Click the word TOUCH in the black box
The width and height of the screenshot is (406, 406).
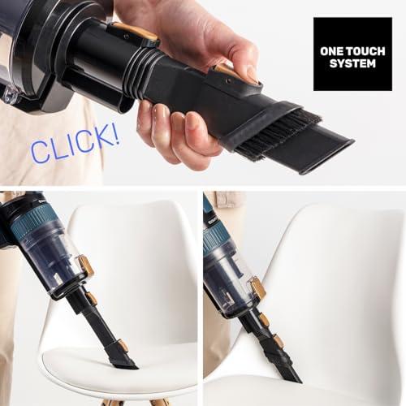[365, 51]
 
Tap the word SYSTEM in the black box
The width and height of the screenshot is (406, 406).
[352, 63]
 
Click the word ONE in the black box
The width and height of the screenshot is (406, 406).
[331, 51]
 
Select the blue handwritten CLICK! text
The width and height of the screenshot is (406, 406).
[75, 144]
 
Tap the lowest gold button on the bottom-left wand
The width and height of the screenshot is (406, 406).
[123, 345]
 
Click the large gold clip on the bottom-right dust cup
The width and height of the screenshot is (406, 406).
[257, 288]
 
